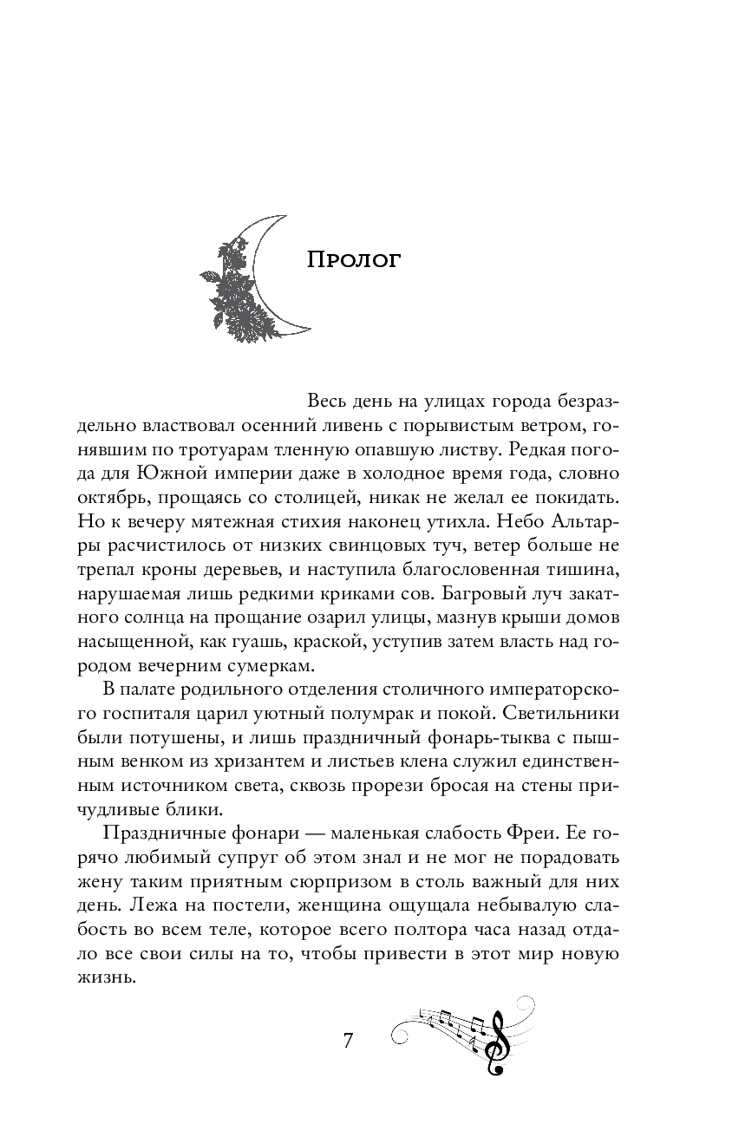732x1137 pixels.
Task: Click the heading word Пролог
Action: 354,260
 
